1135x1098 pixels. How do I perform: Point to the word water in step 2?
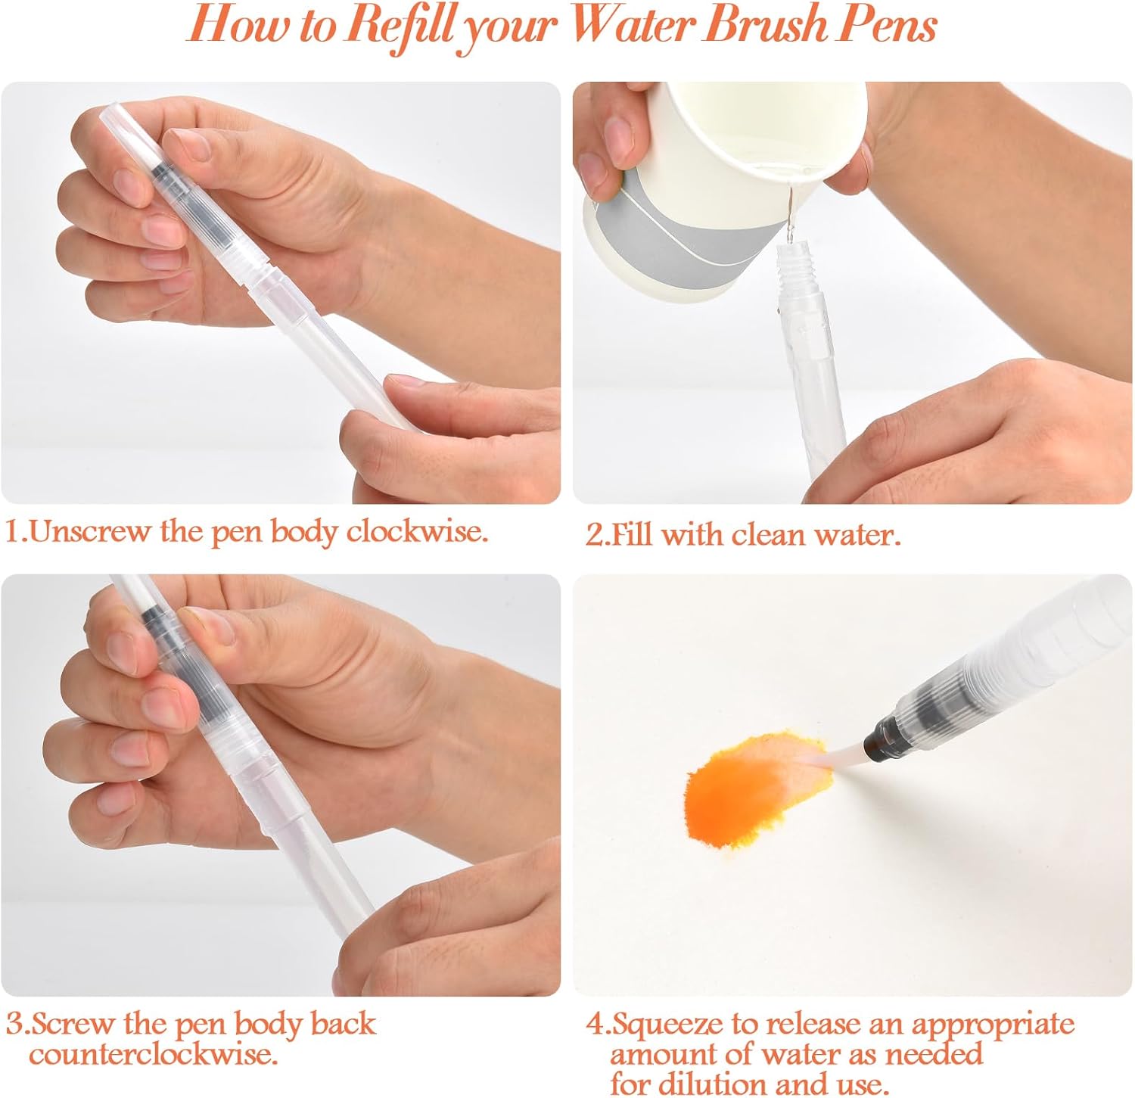coord(857,535)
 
